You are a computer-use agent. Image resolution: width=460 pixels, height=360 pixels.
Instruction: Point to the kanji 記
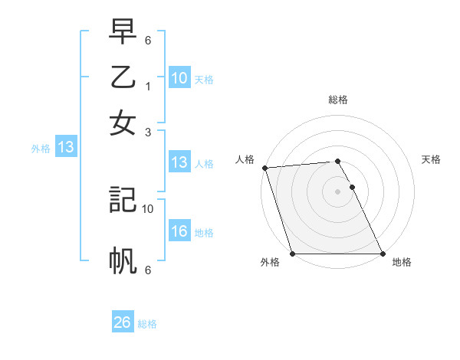pos(123,198)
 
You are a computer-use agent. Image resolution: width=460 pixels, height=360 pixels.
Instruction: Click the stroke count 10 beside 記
pos(148,208)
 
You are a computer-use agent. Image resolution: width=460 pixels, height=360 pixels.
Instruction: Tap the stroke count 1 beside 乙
pos(148,87)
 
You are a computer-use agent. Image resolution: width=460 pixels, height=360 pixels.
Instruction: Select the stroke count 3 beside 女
pos(148,133)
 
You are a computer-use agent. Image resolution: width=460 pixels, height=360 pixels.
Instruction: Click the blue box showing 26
pos(123,322)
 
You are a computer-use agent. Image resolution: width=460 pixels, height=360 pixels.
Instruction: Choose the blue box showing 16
pos(179,231)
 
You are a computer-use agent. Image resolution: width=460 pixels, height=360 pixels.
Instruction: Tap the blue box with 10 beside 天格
pos(179,77)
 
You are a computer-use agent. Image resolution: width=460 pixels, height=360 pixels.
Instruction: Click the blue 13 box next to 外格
pos(65,148)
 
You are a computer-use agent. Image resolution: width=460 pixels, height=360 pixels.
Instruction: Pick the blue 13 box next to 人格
pos(179,162)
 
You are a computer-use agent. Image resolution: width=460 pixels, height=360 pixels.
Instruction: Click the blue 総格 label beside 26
pos(147,324)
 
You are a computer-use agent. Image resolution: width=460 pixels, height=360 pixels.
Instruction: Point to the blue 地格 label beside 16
pos(204,232)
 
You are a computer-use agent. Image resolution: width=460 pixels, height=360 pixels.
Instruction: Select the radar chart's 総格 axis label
pos(337,100)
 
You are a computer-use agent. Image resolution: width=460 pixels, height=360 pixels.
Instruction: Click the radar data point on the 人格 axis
pos(264,168)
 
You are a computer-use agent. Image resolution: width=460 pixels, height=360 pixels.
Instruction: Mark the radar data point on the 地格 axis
pos(383,254)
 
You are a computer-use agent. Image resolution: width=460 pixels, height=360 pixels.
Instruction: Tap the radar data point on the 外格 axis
pos(292,254)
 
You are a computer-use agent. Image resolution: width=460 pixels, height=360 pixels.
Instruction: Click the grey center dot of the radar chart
pos(337,191)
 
